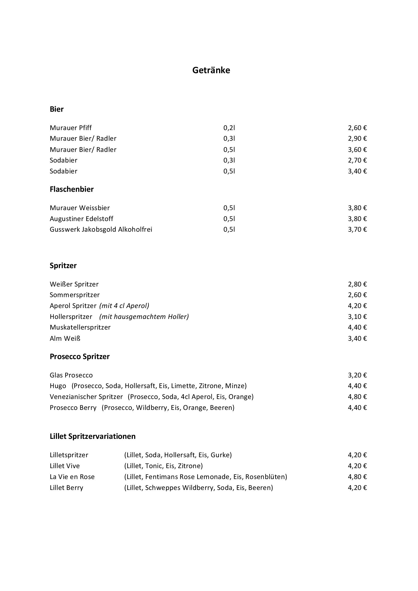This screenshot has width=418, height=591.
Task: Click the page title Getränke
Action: tap(211, 70)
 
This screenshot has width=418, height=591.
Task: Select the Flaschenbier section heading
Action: tap(72, 189)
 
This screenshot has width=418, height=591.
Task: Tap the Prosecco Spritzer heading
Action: tap(80, 356)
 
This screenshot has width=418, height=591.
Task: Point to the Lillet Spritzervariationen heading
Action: tap(93, 436)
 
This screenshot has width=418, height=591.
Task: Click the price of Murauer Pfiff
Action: tap(357, 128)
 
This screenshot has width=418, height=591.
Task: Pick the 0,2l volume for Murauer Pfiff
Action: tap(229, 128)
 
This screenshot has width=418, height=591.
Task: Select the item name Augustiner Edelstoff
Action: tap(81, 219)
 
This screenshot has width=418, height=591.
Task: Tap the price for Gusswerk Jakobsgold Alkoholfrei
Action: tap(357, 229)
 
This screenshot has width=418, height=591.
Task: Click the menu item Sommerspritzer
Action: tap(75, 295)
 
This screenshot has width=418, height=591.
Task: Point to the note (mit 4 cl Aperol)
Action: tap(124, 306)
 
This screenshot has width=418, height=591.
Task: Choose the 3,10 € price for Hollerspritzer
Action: tap(357, 317)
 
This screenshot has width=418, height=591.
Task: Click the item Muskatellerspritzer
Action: tap(80, 327)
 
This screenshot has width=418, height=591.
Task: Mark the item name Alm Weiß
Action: tap(65, 338)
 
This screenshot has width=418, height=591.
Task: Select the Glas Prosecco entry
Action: tap(71, 375)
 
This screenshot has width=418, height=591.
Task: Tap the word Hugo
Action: tap(58, 386)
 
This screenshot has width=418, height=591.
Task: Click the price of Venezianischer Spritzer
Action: tap(357, 397)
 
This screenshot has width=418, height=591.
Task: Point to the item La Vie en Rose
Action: tap(72, 477)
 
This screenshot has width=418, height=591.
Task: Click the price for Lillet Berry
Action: tap(357, 488)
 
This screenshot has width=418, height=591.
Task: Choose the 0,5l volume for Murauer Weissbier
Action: tap(229, 208)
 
